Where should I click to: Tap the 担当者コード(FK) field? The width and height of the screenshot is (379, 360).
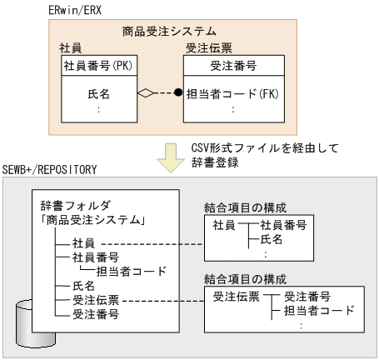point(232,93)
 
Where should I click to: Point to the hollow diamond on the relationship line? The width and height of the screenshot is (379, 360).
point(147,93)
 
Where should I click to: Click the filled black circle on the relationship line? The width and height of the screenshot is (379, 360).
point(177,93)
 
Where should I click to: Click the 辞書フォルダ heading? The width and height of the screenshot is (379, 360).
point(77,205)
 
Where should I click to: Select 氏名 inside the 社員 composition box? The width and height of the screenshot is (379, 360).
point(272,240)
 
